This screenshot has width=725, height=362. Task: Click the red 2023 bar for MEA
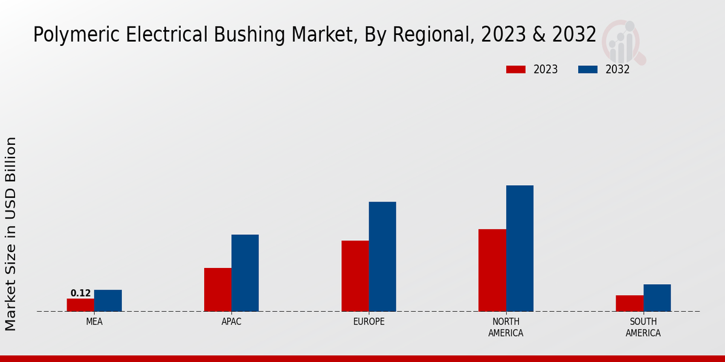(80, 305)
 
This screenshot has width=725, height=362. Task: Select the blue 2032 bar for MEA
(108, 300)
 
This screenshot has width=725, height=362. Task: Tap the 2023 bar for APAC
(217, 290)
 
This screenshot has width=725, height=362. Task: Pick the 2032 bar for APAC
(245, 273)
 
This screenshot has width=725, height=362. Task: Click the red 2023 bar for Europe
(355, 276)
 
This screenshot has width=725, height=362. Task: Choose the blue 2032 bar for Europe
(382, 256)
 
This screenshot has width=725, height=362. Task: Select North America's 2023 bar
(492, 270)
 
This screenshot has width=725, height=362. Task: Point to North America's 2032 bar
(520, 248)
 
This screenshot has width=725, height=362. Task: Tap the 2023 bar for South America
(629, 303)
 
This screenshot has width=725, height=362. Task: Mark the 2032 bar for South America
(657, 297)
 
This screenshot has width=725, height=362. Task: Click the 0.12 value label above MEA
(80, 293)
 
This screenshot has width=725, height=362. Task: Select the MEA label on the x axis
(94, 322)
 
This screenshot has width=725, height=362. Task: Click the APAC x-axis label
(231, 322)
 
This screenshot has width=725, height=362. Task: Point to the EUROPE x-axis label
(369, 322)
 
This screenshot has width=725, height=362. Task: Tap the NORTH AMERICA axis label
(506, 327)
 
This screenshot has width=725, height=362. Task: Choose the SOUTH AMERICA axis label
(643, 327)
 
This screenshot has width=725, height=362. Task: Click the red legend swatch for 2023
(516, 69)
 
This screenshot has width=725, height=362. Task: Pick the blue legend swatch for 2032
(588, 69)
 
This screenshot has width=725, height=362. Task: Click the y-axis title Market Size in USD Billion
(11, 233)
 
